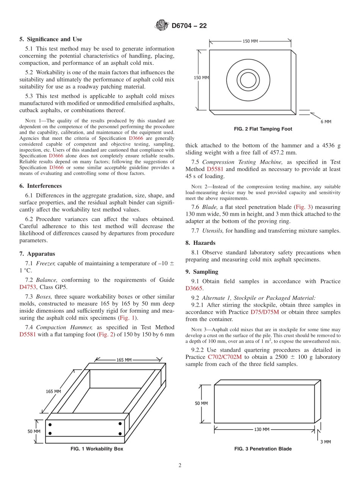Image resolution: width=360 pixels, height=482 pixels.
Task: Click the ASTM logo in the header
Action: pos(162,26)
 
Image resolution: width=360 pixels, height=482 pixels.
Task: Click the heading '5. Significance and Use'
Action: pos(51,39)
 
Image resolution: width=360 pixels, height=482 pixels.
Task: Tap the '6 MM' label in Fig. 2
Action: pos(325,122)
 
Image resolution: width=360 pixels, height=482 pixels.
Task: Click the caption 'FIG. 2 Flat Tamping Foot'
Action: pos(263,129)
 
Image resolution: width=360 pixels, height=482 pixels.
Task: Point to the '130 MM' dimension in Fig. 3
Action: pos(261,429)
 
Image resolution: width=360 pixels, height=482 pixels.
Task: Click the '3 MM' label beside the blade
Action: pos(325,442)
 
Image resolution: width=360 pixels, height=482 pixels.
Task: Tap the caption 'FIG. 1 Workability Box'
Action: pos(97,449)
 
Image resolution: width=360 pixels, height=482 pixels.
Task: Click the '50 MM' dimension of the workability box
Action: pos(34,431)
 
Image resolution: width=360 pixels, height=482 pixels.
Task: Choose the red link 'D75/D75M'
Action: pos(265,312)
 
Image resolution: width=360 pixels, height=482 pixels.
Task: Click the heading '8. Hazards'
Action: pos(200,243)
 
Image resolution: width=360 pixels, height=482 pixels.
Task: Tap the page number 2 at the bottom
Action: pos(180,466)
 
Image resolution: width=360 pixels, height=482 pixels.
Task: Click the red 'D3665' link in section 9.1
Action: pos(194,288)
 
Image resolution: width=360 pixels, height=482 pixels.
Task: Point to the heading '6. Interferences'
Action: pos(41,186)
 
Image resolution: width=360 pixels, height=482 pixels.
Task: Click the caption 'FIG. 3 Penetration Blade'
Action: pos(263,449)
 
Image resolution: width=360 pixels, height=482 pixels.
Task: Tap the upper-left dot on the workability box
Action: pos(50,424)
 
